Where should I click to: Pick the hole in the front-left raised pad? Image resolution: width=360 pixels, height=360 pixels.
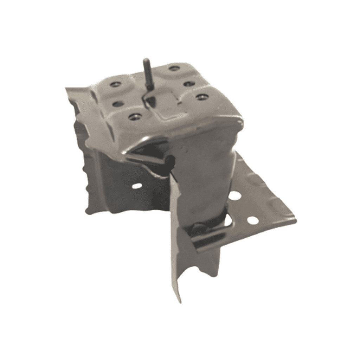[x=134, y=117]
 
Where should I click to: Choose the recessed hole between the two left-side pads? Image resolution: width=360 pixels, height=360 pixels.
[x=117, y=103]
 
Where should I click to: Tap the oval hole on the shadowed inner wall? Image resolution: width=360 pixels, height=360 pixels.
[x=137, y=186]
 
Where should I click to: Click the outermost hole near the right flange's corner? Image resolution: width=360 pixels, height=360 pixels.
[x=252, y=220]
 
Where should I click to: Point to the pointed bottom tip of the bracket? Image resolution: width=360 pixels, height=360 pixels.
[x=179, y=302]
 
